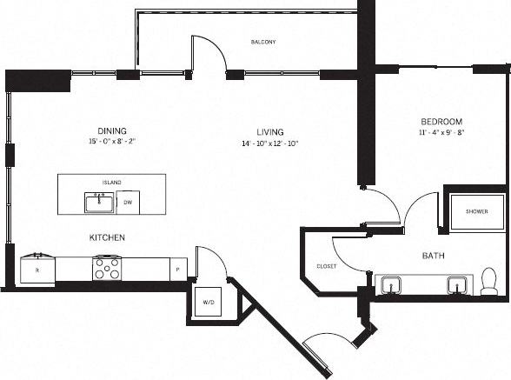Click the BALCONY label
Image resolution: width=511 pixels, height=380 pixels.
(x=263, y=42)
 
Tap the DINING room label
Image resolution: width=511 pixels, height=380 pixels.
(x=113, y=131)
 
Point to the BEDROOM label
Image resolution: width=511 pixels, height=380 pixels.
(x=441, y=122)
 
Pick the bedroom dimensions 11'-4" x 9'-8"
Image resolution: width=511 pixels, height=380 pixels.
(x=441, y=133)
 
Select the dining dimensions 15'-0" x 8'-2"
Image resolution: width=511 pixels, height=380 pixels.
(x=113, y=141)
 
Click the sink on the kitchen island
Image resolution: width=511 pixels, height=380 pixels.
(x=98, y=202)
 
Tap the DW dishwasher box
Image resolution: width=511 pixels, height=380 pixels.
(x=128, y=203)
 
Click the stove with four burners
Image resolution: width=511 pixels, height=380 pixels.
(x=108, y=268)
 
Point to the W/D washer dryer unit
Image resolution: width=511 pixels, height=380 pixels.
(x=209, y=303)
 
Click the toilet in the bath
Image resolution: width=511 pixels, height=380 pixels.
(x=488, y=281)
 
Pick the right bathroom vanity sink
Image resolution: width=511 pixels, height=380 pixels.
(x=456, y=284)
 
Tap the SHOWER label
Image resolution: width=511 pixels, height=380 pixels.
(x=476, y=211)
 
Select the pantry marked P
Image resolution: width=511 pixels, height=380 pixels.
(x=177, y=270)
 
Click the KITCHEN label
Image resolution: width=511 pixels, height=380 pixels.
(x=107, y=237)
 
